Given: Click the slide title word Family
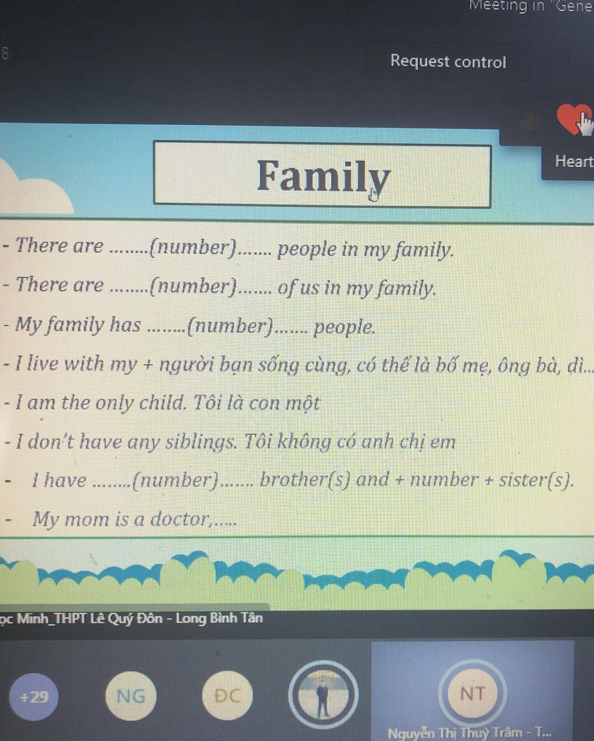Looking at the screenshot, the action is point(324,176).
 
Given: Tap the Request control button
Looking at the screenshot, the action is point(448,61).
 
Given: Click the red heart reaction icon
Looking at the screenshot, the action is point(574,119).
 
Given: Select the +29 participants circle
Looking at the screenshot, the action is point(34,697).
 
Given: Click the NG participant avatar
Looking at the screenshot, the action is point(131,696).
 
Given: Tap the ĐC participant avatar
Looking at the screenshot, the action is point(227,696).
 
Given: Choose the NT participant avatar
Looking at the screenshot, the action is point(472,693).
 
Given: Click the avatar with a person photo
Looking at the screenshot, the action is point(323,695).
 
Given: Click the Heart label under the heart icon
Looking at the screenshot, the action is point(574,161).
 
